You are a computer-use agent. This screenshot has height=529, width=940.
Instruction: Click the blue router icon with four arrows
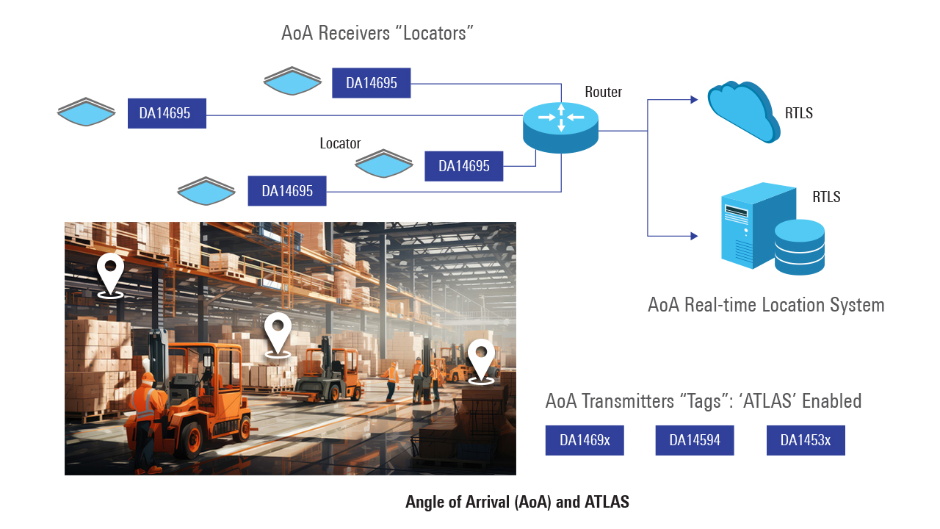click(560, 128)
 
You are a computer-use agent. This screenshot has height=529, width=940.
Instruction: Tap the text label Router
click(603, 92)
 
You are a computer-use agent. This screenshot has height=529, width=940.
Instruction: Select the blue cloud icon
click(743, 111)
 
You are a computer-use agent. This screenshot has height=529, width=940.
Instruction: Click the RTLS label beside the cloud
click(798, 113)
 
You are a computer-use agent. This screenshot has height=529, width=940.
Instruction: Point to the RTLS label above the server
click(826, 196)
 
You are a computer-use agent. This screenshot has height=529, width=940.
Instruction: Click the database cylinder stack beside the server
click(800, 248)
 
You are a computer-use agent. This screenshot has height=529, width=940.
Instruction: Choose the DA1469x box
click(585, 440)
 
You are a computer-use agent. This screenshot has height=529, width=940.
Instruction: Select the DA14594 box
click(695, 440)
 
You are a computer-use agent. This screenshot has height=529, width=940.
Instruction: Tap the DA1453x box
click(806, 440)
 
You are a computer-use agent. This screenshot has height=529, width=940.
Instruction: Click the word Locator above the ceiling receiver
click(340, 143)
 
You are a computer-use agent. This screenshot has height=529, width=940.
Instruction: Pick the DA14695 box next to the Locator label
click(463, 166)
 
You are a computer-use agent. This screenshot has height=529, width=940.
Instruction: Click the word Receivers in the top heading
click(354, 33)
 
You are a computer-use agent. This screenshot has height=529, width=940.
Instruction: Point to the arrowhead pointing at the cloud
click(694, 100)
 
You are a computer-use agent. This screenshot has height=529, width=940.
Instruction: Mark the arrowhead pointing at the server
click(694, 236)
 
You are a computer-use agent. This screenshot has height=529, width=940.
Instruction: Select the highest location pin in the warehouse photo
click(110, 275)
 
